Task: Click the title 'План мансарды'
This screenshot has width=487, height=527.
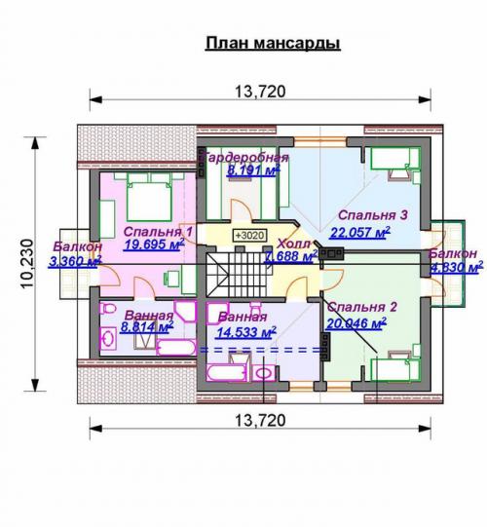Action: [x=272, y=44]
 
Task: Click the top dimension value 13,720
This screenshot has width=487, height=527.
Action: [x=260, y=93]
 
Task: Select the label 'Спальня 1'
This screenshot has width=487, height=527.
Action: [x=158, y=232]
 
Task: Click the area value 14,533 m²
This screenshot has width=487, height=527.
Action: [x=241, y=331]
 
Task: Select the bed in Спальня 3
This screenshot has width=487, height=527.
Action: [x=394, y=161]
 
